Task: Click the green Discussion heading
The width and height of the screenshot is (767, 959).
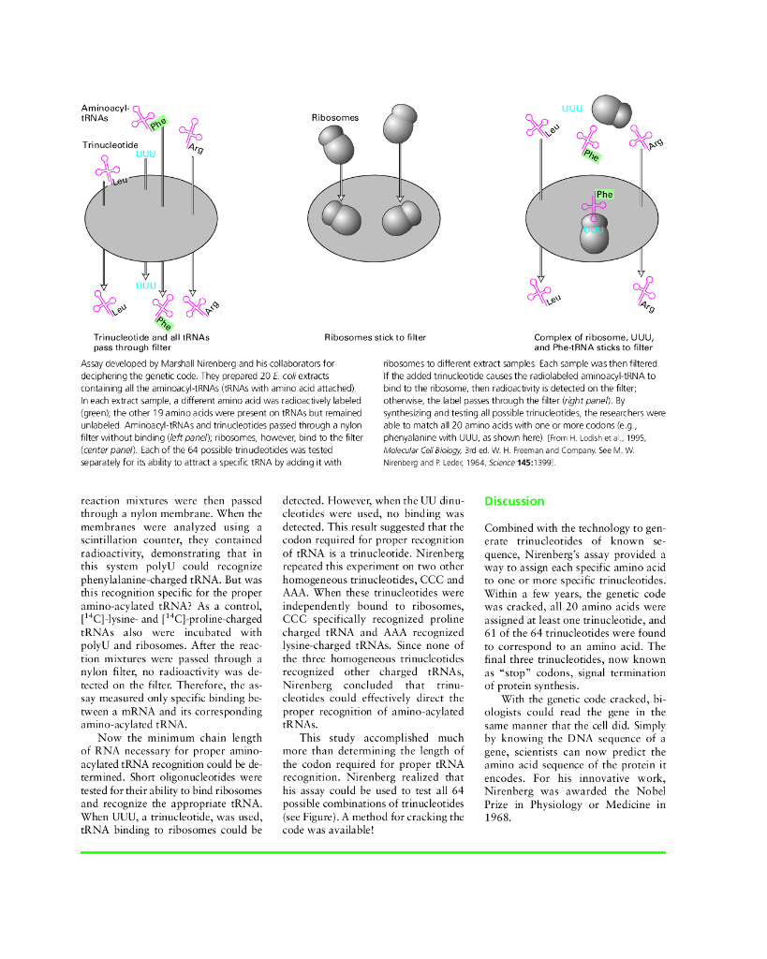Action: pos(514,501)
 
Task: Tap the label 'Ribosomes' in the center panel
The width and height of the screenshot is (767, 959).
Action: pos(334,118)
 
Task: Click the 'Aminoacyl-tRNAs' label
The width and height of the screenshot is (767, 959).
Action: pos(105,113)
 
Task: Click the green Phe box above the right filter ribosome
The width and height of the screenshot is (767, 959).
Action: pos(604,195)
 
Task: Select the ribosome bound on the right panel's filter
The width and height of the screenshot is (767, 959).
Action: pos(595,235)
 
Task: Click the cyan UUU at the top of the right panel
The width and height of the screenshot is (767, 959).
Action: pos(573,109)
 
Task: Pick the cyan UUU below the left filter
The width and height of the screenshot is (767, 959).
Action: pos(145,285)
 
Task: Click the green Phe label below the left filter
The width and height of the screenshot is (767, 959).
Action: pos(164,323)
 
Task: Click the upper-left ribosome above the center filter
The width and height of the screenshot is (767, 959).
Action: pos(335,144)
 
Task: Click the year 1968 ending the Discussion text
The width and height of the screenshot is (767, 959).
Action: pos(498,817)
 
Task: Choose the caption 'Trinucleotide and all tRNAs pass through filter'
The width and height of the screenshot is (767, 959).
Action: pos(152,342)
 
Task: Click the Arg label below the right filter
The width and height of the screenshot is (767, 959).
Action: pos(648,307)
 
